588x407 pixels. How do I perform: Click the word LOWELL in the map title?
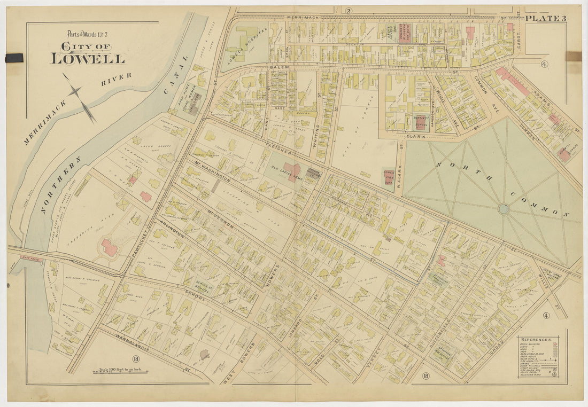[88, 58]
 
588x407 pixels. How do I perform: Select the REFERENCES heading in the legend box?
[537, 340]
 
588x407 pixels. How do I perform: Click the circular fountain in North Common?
[504, 209]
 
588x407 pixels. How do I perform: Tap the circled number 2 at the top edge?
[348, 11]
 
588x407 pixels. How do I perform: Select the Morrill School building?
[564, 155]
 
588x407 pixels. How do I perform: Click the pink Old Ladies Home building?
[292, 173]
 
